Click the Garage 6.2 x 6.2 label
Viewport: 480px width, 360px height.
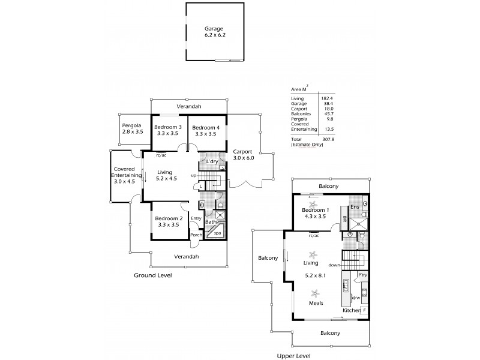[x=214, y=31]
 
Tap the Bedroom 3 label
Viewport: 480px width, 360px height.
[x=168, y=130]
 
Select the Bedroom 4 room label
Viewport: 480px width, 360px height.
[x=205, y=130]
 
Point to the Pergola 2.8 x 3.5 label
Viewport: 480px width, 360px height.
[x=133, y=128]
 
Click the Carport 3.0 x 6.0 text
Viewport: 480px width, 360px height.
[x=243, y=154]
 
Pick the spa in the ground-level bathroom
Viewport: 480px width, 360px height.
[x=217, y=233]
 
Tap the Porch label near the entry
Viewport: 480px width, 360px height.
[x=196, y=235]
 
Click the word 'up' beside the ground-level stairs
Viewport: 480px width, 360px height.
[x=193, y=175]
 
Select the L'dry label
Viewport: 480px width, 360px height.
[x=211, y=162]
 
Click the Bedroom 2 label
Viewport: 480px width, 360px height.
[x=168, y=221]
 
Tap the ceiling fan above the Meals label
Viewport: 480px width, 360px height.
[x=316, y=293]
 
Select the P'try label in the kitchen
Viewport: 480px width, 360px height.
[x=362, y=275]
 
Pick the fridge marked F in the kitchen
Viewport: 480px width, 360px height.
[x=364, y=310]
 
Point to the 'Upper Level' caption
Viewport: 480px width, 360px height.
[x=294, y=356]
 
